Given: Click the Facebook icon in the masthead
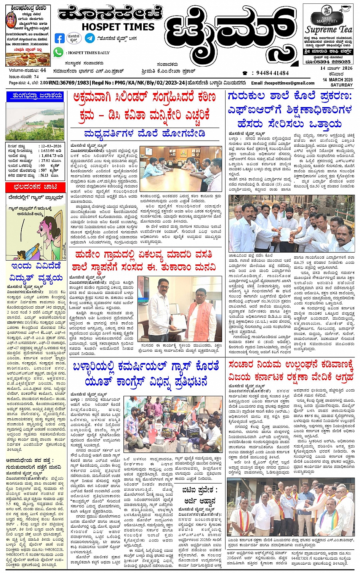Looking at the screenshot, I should (x=60, y=38).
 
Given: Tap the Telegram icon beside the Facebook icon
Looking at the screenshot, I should (x=90, y=38).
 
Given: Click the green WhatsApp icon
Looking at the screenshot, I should (x=58, y=52).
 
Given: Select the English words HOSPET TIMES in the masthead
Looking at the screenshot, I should (x=118, y=27).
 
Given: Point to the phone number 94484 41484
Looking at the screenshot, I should (x=272, y=73).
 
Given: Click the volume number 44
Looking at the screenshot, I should (x=43, y=70).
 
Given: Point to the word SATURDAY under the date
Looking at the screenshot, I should (x=341, y=85).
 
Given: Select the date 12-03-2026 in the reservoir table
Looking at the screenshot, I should (x=52, y=146).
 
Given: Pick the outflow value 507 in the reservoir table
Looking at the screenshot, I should (x=44, y=171).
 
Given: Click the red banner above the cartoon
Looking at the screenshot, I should (x=35, y=187).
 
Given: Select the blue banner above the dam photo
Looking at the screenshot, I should (x=35, y=96).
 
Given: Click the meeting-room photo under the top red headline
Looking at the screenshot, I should (x=181, y=168).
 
